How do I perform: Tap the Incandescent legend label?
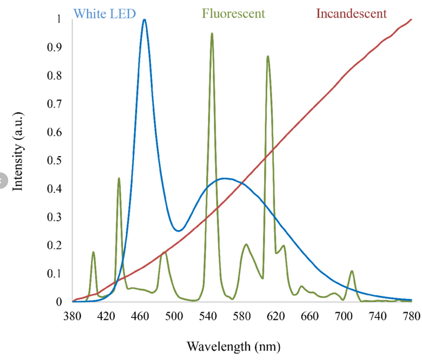point(351,13)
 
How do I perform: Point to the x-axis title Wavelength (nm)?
point(233,347)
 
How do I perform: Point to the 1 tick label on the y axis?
point(58,19)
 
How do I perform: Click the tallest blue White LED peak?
point(144,20)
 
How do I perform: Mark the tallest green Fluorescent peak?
point(212,34)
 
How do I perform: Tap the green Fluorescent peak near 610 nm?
point(268,57)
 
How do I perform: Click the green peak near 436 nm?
point(119,179)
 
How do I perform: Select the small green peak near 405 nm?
point(93,252)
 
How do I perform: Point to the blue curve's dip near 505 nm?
point(178,231)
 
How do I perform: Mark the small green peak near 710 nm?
point(352,271)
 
